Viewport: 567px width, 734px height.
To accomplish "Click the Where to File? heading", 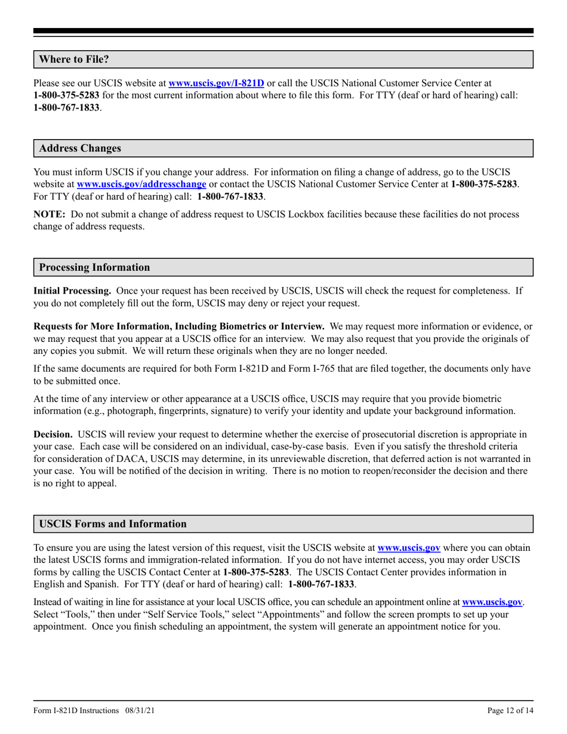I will click(74, 60).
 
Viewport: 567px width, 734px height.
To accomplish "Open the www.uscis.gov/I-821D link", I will click(217, 84).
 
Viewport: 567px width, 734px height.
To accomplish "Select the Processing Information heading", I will click(94, 267).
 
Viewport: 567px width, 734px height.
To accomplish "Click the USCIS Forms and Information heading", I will click(112, 524).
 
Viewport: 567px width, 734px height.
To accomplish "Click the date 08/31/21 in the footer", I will click(141, 710).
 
